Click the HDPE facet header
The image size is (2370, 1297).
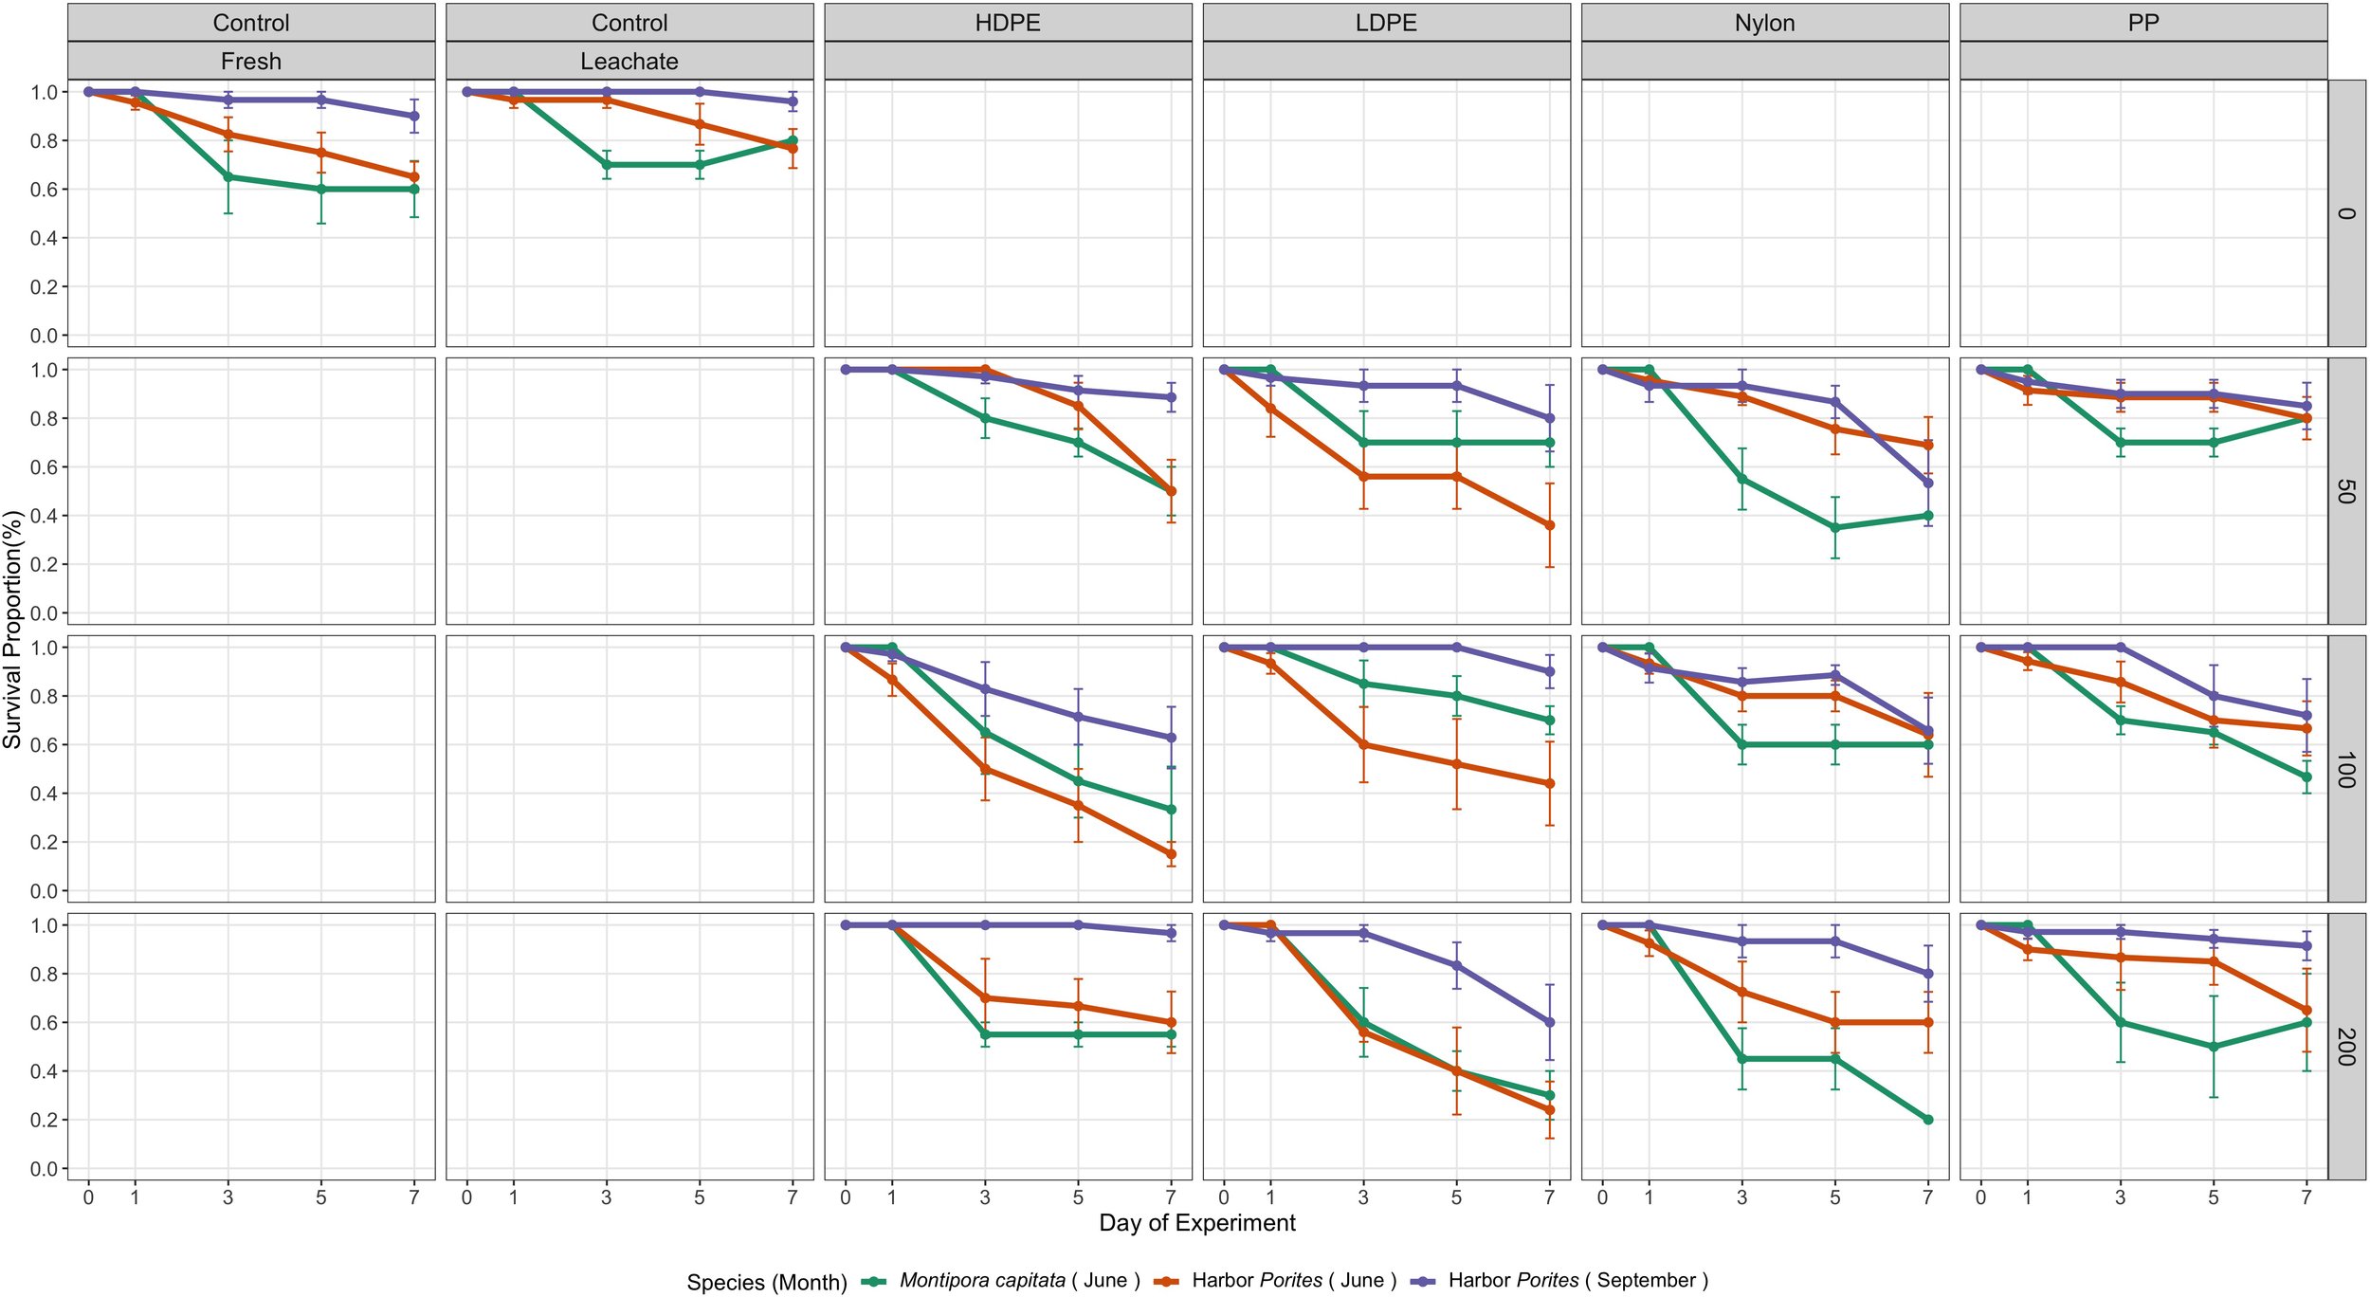pyautogui.click(x=1008, y=23)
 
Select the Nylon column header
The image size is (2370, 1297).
pyautogui.click(x=1764, y=23)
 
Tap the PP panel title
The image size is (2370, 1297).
pyautogui.click(x=2142, y=23)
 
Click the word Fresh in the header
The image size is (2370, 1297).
pyautogui.click(x=251, y=62)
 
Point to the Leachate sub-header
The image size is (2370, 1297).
pyautogui.click(x=629, y=62)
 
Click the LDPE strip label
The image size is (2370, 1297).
pyautogui.click(x=1386, y=23)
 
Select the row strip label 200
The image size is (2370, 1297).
pyautogui.click(x=2345, y=1047)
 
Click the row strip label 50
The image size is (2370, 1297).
pyautogui.click(x=2345, y=491)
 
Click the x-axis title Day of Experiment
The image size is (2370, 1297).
pyautogui.click(x=1196, y=1223)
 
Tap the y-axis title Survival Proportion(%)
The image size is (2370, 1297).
pyautogui.click(x=12, y=630)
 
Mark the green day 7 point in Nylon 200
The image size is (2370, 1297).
pyautogui.click(x=1927, y=1120)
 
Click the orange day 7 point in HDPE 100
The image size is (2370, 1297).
pyautogui.click(x=1172, y=854)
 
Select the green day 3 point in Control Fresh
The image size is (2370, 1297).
pyautogui.click(x=228, y=177)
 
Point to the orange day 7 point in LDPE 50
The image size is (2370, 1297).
pyautogui.click(x=1550, y=525)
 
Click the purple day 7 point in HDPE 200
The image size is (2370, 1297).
pyautogui.click(x=1172, y=933)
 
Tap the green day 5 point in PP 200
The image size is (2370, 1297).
pyautogui.click(x=2214, y=1048)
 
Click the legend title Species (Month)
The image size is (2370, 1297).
pyautogui.click(x=767, y=1283)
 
